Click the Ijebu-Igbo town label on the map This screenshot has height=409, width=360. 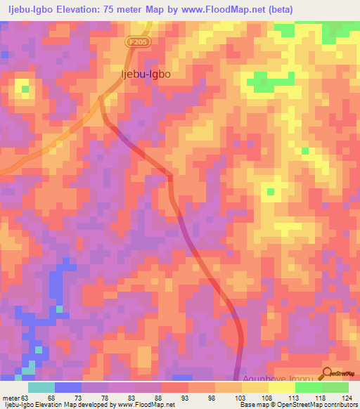coord(146,72)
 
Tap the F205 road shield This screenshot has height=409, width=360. coord(137,42)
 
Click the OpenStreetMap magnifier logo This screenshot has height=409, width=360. coord(327,373)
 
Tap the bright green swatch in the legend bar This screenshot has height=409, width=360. coord(308,387)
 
